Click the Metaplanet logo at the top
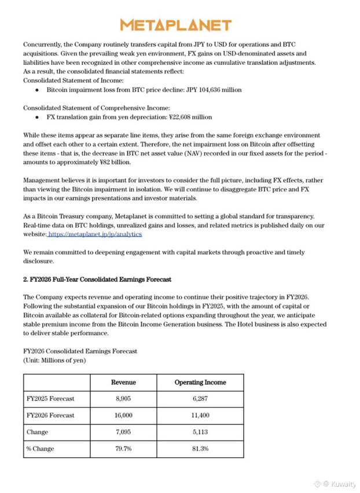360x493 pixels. [x=175, y=25]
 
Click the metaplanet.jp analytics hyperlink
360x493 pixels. [x=95, y=234]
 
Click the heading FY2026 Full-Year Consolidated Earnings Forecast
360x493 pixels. [x=97, y=279]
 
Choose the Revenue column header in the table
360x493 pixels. [x=123, y=382]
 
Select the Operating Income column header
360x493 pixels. [x=200, y=382]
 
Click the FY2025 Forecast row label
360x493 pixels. [x=50, y=399]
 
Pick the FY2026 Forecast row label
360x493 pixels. [x=50, y=415]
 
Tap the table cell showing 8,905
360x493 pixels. [x=123, y=399]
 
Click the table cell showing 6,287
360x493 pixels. [x=200, y=399]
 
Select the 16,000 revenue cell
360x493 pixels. [x=123, y=415]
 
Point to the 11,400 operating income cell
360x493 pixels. [x=200, y=415]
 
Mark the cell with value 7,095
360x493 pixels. [x=123, y=432]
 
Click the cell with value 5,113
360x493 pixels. [x=200, y=432]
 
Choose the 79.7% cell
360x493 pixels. [x=123, y=449]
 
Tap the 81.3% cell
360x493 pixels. [x=200, y=449]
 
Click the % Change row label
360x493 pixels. [x=41, y=449]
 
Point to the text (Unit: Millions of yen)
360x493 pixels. [x=54, y=360]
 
